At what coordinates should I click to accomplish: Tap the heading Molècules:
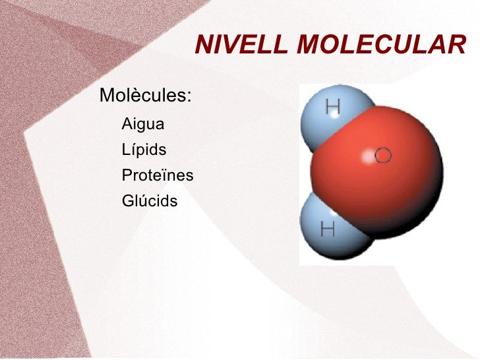pyautogui.click(x=145, y=96)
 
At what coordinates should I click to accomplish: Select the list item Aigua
pyautogui.click(x=143, y=124)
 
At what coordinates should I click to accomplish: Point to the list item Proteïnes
pyautogui.click(x=158, y=175)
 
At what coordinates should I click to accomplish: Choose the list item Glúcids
pyautogui.click(x=150, y=200)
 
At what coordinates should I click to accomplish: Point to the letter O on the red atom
pyautogui.click(x=384, y=156)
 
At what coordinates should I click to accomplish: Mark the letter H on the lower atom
pyautogui.click(x=328, y=229)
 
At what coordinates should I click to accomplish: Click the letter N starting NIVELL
pyautogui.click(x=203, y=45)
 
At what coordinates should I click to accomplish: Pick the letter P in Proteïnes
pyautogui.click(x=127, y=175)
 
